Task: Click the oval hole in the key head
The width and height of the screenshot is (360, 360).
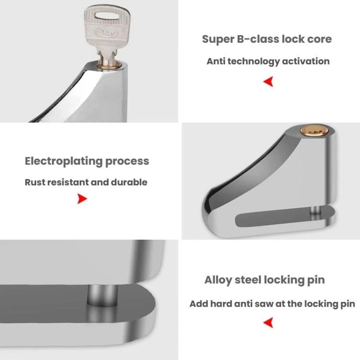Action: [107, 16]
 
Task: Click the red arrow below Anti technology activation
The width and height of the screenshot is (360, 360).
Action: [268, 82]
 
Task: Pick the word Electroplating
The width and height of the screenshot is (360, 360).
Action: [63, 161]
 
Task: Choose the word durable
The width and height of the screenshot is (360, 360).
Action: [129, 182]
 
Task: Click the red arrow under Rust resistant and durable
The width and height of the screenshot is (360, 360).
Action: [82, 199]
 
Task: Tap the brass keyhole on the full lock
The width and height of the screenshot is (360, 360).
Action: [314, 131]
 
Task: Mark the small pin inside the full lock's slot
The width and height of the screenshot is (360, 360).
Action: [315, 211]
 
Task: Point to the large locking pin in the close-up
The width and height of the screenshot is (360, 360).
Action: [102, 296]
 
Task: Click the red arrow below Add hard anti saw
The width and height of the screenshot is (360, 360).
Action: [268, 323]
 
